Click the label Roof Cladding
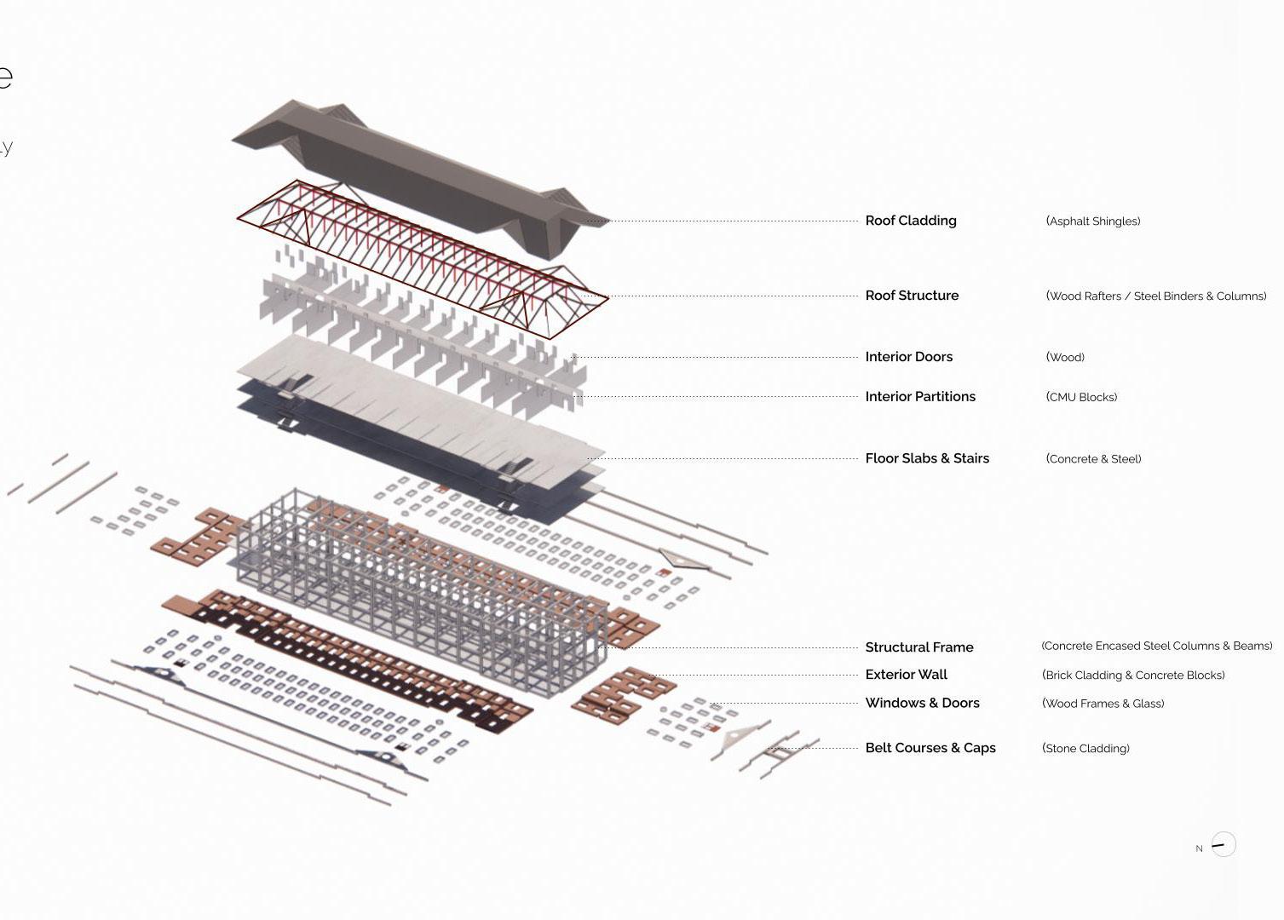[x=911, y=221]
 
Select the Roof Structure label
[x=912, y=296]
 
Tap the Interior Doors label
[x=908, y=357]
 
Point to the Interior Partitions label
[x=920, y=397]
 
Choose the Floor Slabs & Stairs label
[x=927, y=458]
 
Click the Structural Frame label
[x=918, y=647]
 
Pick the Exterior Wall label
[x=906, y=675]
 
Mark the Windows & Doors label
[x=922, y=703]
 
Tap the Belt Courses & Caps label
[x=930, y=748]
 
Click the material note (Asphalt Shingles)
[x=1093, y=221]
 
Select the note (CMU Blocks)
[x=1081, y=397]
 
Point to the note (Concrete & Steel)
[x=1093, y=459]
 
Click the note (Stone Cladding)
[x=1085, y=749]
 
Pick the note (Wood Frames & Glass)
[x=1103, y=704]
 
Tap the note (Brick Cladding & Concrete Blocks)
[x=1133, y=676]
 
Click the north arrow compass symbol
[x=1223, y=844]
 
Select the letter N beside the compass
[x=1199, y=848]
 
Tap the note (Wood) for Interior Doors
[x=1065, y=358]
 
